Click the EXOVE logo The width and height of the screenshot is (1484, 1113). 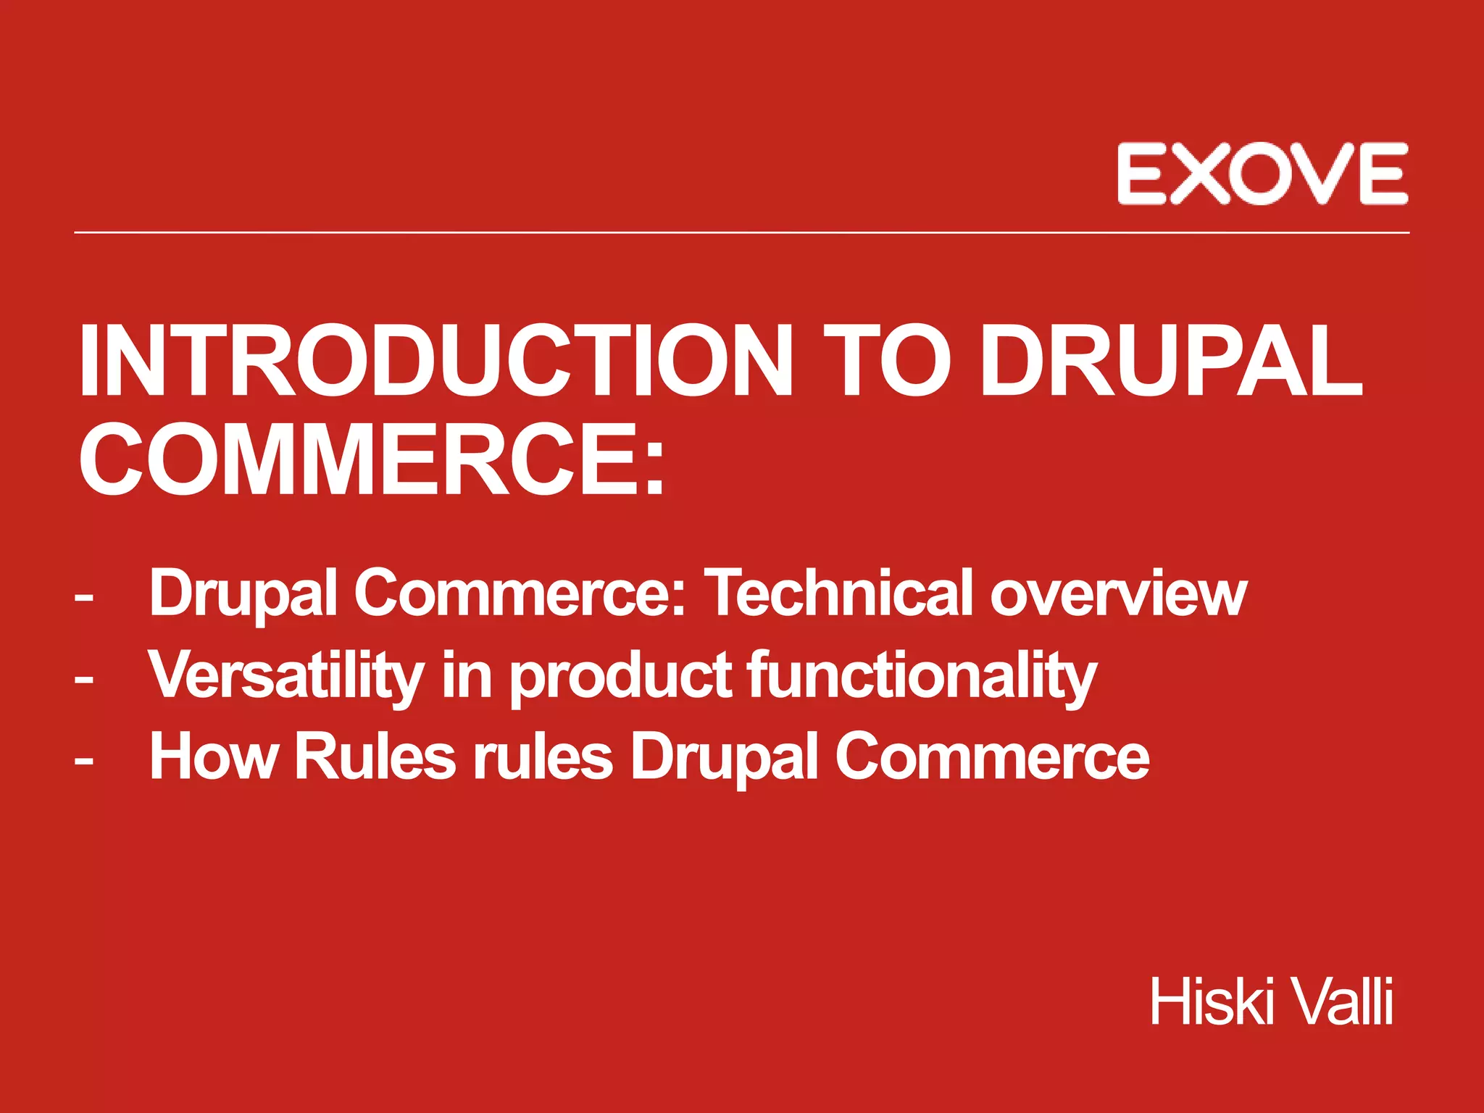pyautogui.click(x=1262, y=174)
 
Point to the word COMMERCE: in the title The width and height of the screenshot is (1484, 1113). pyautogui.click(x=372, y=461)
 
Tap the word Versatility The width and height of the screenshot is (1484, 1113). pyautogui.click(x=286, y=675)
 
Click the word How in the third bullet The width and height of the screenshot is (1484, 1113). pyautogui.click(x=213, y=757)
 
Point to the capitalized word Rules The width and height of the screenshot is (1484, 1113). pyautogui.click(x=375, y=757)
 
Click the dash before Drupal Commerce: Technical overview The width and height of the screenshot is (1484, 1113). pyautogui.click(x=84, y=599)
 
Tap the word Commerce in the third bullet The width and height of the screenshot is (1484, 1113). pyautogui.click(x=992, y=757)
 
